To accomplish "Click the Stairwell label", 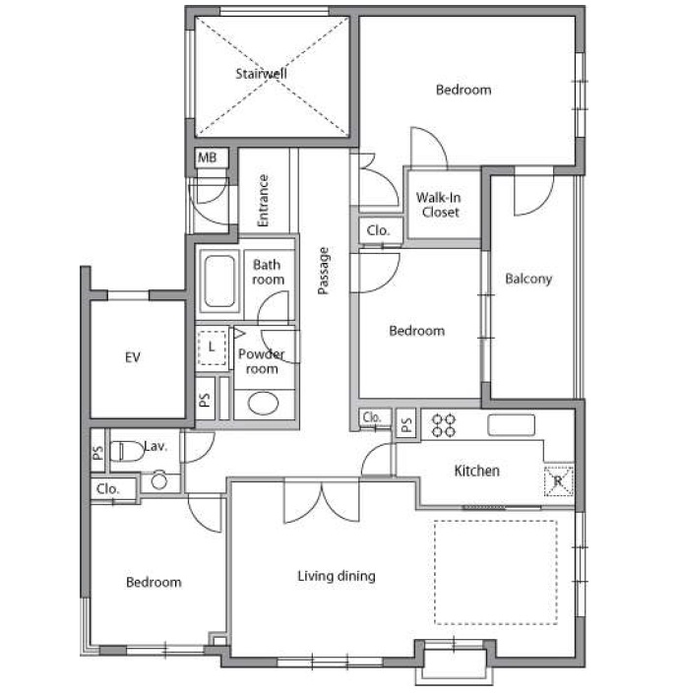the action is click(261, 73).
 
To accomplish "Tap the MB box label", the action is click(207, 158).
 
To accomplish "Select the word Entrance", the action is click(263, 200).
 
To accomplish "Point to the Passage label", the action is click(324, 271).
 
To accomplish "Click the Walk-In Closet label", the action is click(439, 205).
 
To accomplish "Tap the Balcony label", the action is click(528, 279).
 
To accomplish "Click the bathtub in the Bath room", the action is click(219, 281).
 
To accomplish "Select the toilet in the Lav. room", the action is click(127, 451).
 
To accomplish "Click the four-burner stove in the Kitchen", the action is click(444, 425).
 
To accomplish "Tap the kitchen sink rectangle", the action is click(512, 425).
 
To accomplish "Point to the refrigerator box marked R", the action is click(559, 480).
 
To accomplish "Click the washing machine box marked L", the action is click(212, 348).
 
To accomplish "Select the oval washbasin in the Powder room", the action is click(263, 403).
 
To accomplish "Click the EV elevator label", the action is click(133, 357).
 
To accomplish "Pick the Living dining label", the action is click(337, 576).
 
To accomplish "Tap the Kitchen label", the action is click(476, 471).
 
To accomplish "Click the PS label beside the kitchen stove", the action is click(406, 425).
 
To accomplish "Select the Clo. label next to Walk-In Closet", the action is click(378, 230).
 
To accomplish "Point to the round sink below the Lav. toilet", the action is click(158, 480).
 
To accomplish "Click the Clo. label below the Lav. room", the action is click(108, 488).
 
